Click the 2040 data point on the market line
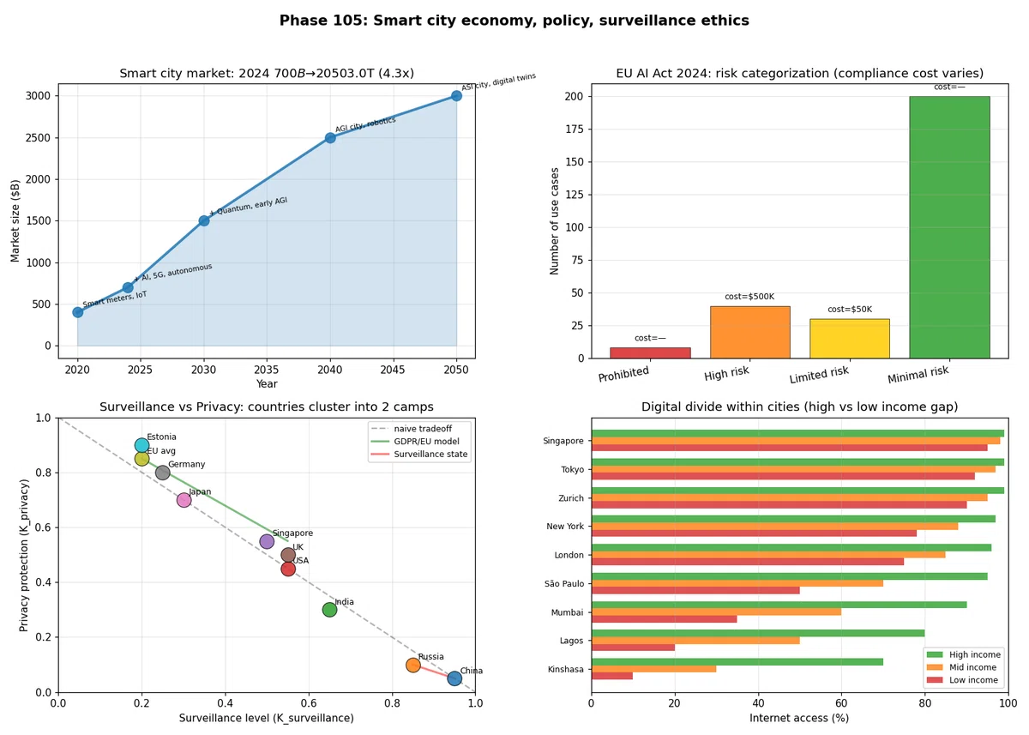330,138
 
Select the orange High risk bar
750,332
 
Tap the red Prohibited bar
650,352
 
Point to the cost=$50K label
850,309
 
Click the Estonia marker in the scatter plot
142,445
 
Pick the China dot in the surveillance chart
454,678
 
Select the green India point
329,610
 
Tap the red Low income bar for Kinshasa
612,676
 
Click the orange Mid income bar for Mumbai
716,611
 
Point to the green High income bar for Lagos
758,633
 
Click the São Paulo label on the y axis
564,583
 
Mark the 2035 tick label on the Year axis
267,370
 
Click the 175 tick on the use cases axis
575,130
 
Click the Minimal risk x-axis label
918,375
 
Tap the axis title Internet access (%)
799,718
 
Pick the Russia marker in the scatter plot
413,665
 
